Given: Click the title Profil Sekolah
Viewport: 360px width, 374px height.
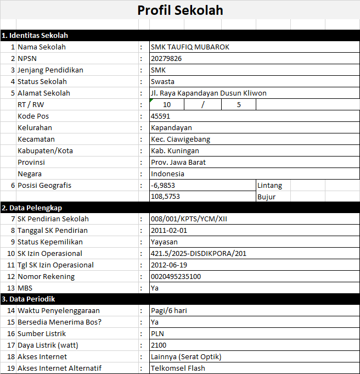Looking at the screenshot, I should (180, 10).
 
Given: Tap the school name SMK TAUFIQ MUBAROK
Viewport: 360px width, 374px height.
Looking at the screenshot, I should (190, 47).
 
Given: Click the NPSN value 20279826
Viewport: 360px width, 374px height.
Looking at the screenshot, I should (166, 58).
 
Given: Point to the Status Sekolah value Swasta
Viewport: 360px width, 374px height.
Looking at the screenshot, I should (164, 81).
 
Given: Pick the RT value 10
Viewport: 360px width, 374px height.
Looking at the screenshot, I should (166, 104).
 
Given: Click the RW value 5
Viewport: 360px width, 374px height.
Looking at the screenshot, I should (239, 104).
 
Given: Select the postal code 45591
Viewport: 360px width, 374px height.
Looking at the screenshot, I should (161, 116).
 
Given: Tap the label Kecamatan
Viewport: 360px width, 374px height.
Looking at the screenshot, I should (36, 139).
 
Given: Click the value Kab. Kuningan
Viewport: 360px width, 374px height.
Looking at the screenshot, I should (175, 150).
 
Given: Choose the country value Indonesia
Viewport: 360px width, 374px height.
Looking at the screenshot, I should (168, 174).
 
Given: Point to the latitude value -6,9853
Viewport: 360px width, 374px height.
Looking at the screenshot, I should (163, 185).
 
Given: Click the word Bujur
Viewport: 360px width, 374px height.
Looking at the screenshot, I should (266, 197).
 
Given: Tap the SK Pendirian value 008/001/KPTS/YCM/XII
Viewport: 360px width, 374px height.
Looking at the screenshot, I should (189, 219).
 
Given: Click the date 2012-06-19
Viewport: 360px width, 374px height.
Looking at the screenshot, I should (169, 265).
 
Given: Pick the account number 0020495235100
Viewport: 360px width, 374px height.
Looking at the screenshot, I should (176, 276).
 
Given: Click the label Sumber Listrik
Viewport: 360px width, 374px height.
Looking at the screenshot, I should (42, 333).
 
